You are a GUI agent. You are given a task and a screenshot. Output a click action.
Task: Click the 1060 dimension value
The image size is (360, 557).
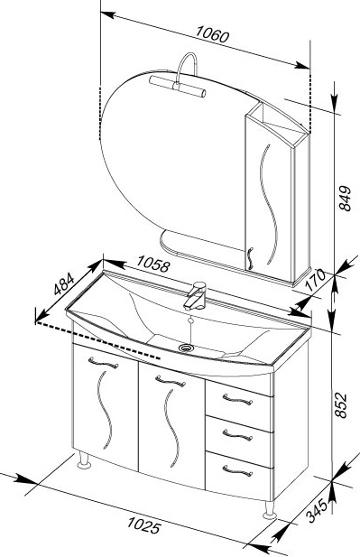pyautogui.click(x=213, y=34)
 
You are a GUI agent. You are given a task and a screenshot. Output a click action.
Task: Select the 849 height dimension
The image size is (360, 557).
pyautogui.click(x=345, y=199)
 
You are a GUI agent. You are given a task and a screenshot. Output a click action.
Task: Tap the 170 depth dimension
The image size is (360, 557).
pyautogui.click(x=315, y=280)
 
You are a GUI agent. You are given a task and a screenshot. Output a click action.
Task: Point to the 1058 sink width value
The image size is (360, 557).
pyautogui.click(x=153, y=264)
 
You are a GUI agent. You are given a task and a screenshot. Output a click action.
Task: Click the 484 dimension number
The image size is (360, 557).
pyautogui.click(x=64, y=283)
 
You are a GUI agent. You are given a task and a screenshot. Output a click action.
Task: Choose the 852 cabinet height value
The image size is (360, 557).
pyautogui.click(x=340, y=405)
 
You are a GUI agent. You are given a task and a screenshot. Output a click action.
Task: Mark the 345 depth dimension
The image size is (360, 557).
pyautogui.click(x=317, y=510)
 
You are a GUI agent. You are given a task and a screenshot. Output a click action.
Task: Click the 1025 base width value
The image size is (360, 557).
pyautogui.click(x=143, y=525)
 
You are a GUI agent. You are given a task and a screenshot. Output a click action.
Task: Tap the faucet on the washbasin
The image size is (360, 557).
pyautogui.click(x=195, y=295)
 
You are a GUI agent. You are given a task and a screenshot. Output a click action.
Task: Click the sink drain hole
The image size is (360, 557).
pyautogui.click(x=186, y=348)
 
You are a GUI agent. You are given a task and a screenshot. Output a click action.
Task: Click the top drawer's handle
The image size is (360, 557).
pyautogui.click(x=237, y=399)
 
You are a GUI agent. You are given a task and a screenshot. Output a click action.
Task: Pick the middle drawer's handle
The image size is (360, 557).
pyautogui.click(x=237, y=435)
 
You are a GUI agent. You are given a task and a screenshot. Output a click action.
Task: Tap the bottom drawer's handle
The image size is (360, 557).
pyautogui.click(x=237, y=470)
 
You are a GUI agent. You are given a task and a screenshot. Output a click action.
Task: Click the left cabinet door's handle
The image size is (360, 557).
pyautogui.click(x=104, y=363)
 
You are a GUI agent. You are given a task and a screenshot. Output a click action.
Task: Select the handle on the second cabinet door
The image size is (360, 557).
pyautogui.click(x=171, y=381)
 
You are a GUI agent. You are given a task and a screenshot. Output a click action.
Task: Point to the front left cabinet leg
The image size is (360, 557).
pyautogui.click(x=85, y=460)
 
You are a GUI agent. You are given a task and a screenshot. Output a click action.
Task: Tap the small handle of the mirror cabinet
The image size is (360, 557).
pyautogui.click(x=250, y=258)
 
